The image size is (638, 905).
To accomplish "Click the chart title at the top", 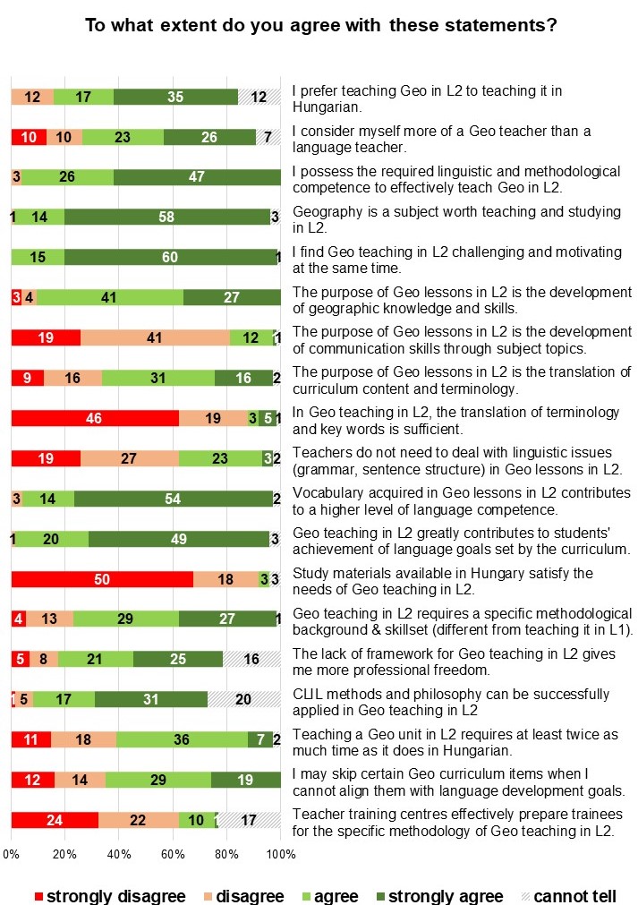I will click(x=321, y=24).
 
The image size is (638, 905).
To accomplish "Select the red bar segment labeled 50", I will click(x=102, y=579).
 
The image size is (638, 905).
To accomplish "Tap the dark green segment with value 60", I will click(x=170, y=258).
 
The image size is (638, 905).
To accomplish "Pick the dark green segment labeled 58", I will click(x=166, y=217).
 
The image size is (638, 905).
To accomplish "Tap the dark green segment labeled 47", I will click(x=197, y=176).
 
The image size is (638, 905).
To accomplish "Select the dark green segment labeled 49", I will click(x=178, y=539).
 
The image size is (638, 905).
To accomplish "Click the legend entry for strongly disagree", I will click(x=108, y=896).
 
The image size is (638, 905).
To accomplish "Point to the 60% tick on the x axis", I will click(x=173, y=855).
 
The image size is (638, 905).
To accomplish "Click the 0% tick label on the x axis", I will click(x=11, y=855).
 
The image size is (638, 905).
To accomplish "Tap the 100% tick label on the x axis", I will click(x=281, y=855).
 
